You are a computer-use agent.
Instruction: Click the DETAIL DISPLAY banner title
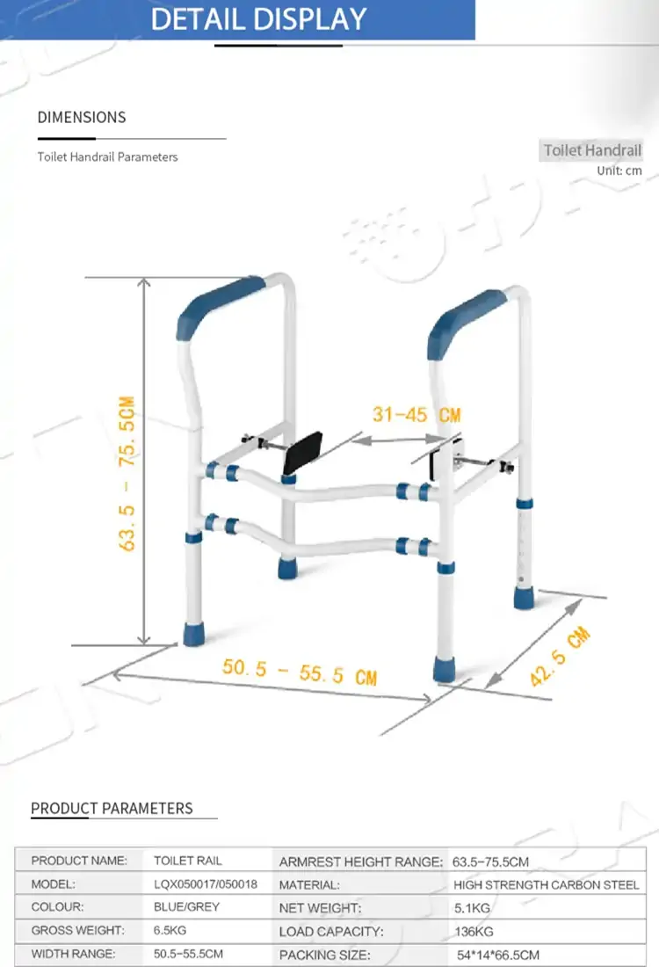point(259,19)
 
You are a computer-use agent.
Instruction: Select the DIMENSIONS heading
point(82,117)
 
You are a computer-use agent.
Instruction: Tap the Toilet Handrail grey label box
point(591,149)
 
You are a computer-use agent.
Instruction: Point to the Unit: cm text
point(619,171)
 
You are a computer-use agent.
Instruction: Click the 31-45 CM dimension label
point(416,414)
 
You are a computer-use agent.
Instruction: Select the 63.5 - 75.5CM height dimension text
point(127,474)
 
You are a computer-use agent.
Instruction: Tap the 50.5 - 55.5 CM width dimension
point(300,672)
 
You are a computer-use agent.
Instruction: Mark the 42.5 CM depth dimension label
point(560,656)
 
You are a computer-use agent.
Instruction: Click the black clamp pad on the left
point(302,454)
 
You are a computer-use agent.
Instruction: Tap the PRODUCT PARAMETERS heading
point(112,808)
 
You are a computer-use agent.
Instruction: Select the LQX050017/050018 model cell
point(206,883)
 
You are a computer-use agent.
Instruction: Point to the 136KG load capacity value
point(474,931)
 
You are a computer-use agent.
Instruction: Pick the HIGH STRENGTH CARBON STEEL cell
point(547,885)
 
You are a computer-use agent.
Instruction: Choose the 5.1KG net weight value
point(472,908)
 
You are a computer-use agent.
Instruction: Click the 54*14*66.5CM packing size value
point(498,955)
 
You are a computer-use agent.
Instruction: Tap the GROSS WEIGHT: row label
point(77,930)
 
